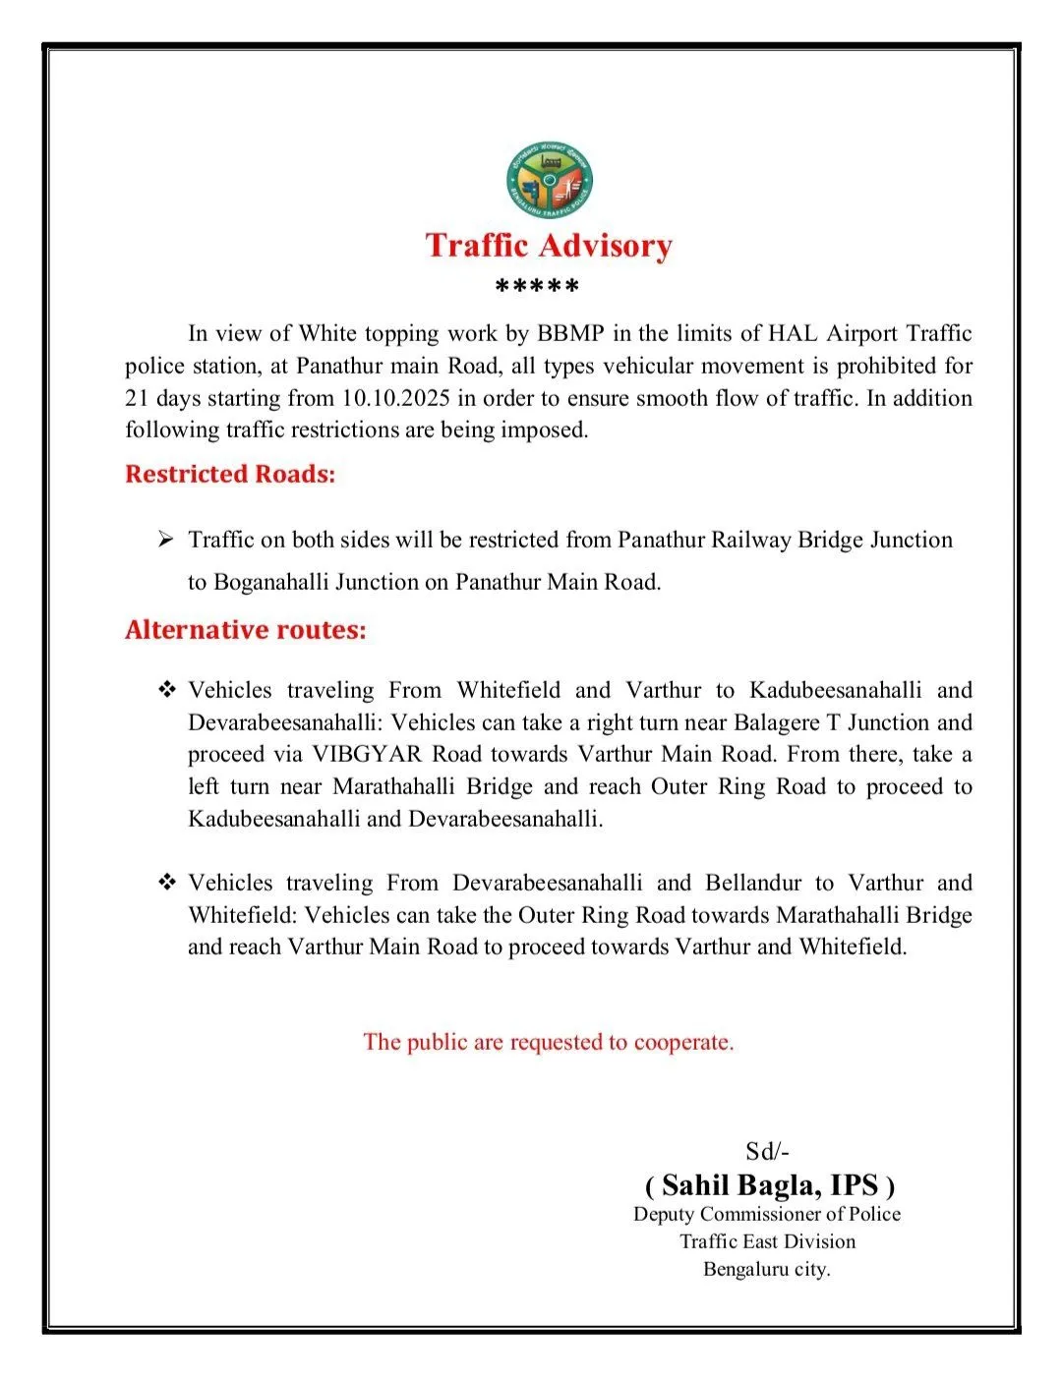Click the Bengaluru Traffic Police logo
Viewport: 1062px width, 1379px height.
pyautogui.click(x=550, y=180)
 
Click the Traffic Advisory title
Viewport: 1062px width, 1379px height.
pyautogui.click(x=549, y=245)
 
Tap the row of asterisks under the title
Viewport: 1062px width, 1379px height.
pyautogui.click(x=537, y=288)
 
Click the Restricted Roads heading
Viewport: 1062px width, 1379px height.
pyautogui.click(x=230, y=474)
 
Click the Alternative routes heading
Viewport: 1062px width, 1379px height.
pyautogui.click(x=245, y=629)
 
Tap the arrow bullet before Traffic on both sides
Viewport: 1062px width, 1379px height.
pyautogui.click(x=165, y=540)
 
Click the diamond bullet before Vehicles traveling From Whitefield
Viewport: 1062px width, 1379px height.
pyautogui.click(x=166, y=690)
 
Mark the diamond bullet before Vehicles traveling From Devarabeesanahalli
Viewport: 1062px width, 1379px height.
pyautogui.click(x=166, y=883)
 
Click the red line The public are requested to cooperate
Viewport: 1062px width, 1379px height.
pyautogui.click(x=549, y=1042)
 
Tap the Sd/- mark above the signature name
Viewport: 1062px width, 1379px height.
pyautogui.click(x=767, y=1152)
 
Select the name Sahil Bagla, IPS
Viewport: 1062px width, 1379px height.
pyautogui.click(x=769, y=1184)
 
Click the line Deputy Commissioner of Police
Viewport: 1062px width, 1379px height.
pyautogui.click(x=767, y=1214)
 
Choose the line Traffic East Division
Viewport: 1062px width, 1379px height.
pyautogui.click(x=767, y=1241)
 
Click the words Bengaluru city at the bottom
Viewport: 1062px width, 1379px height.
pyautogui.click(x=767, y=1269)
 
